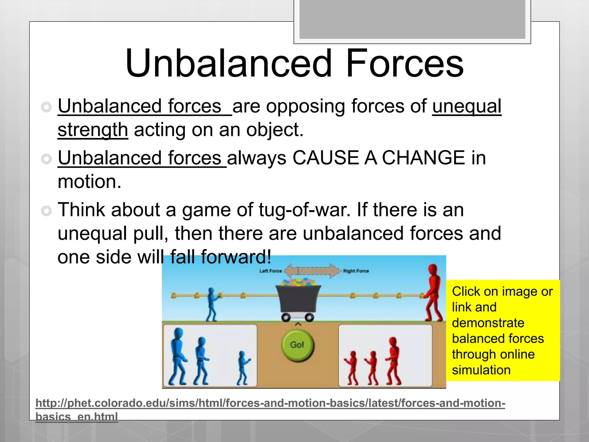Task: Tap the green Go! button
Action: (x=297, y=345)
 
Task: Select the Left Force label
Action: (x=270, y=271)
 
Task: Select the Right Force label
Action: (x=356, y=271)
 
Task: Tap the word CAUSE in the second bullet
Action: (x=326, y=158)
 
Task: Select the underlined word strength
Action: (x=93, y=130)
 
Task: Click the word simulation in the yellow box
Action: (x=481, y=370)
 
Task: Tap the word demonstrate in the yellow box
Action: (x=488, y=323)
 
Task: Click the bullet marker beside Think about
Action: (x=46, y=211)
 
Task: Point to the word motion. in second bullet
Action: (x=89, y=182)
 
